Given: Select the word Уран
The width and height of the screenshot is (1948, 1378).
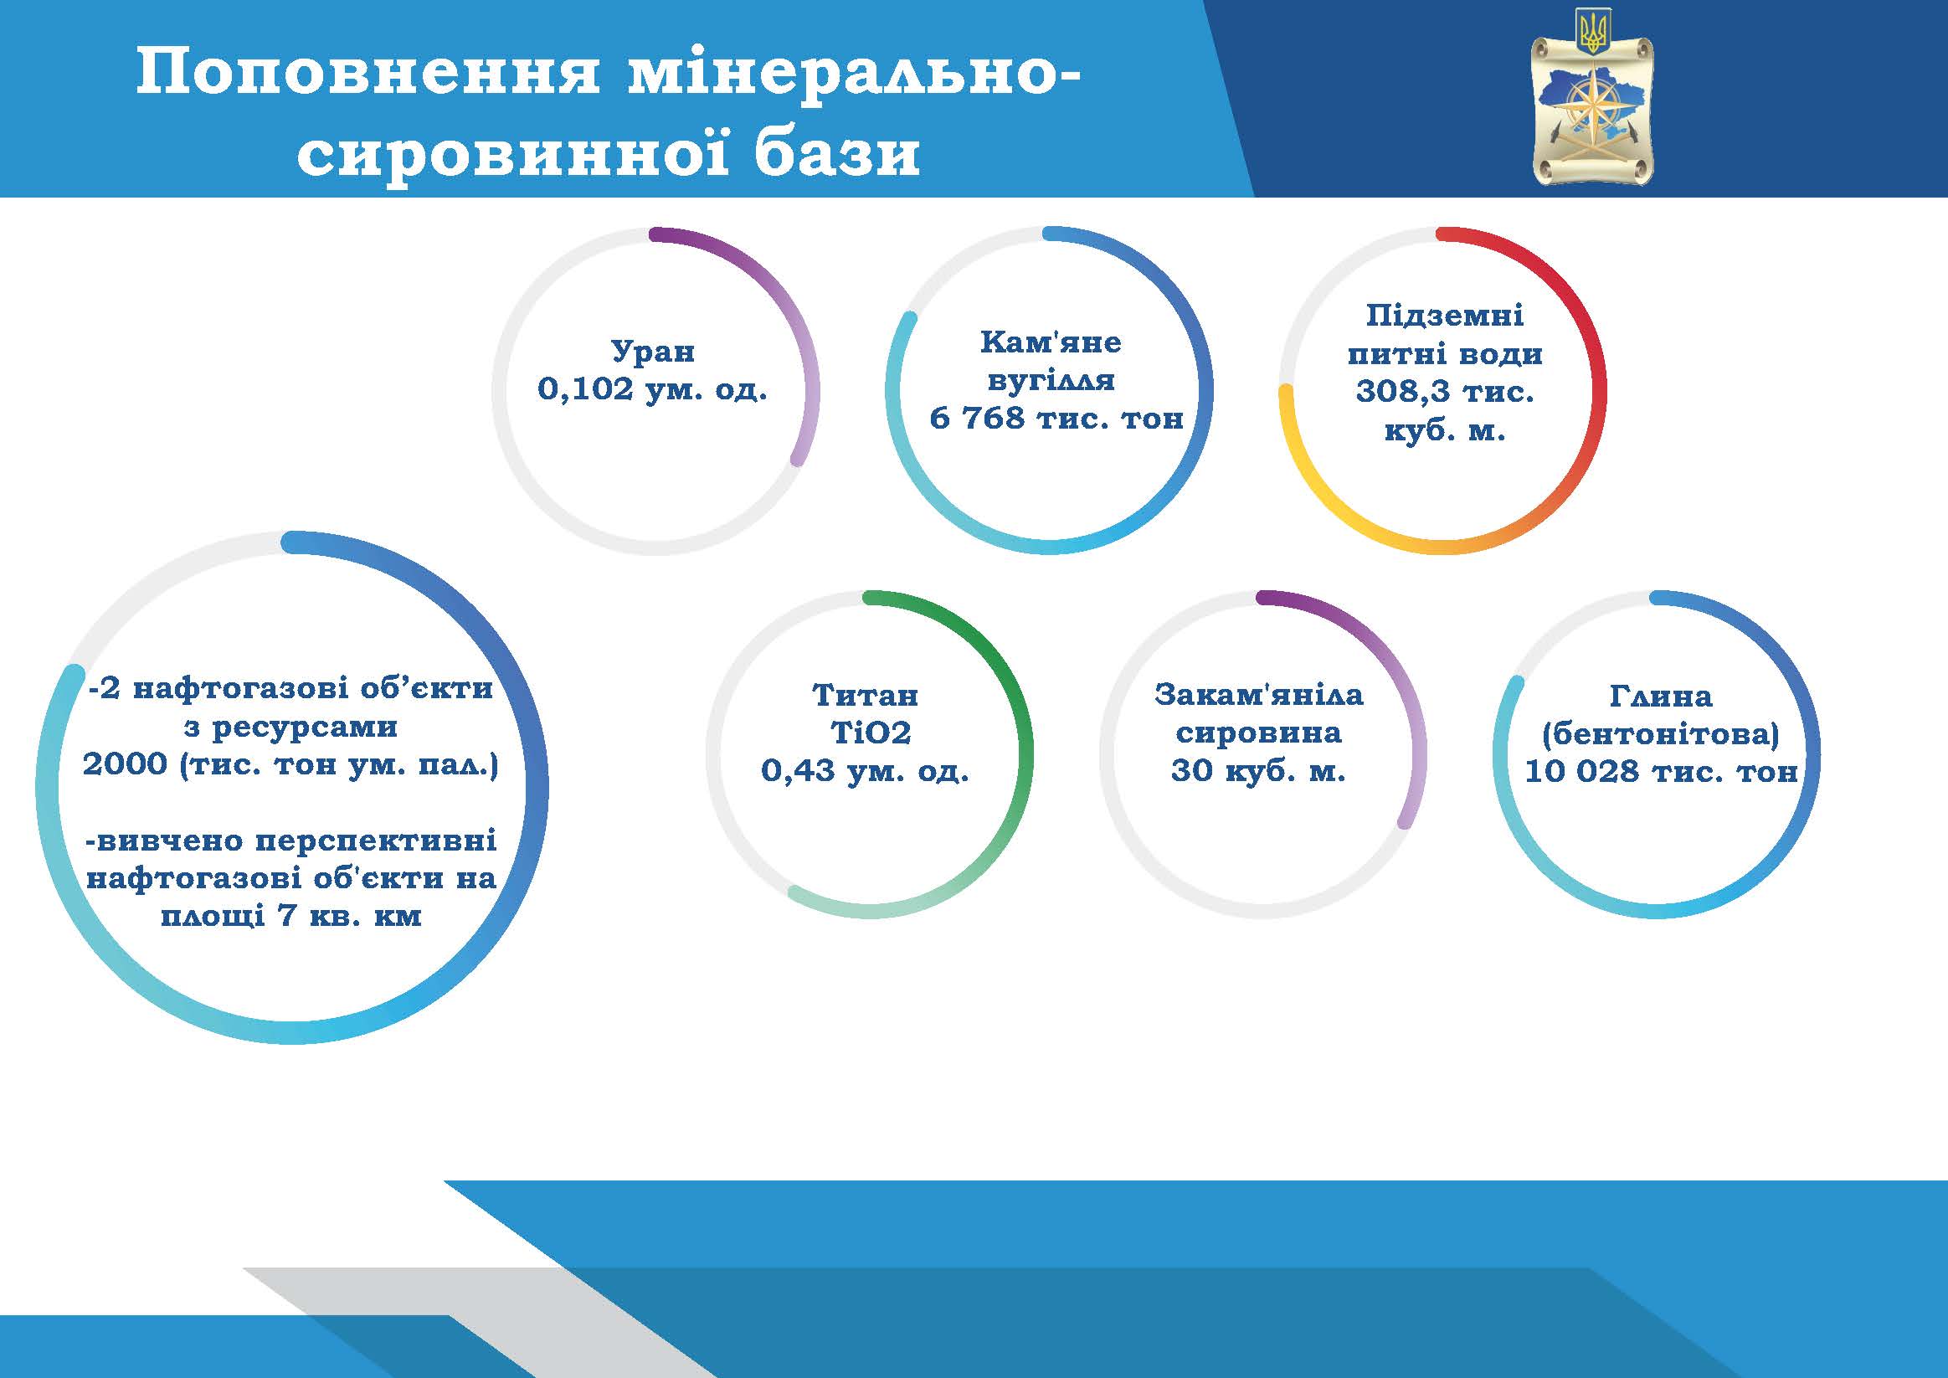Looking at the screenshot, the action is click(652, 352).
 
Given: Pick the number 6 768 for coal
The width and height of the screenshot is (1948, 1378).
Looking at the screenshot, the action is click(978, 418).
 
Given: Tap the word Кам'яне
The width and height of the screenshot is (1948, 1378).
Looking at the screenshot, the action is click(1051, 342).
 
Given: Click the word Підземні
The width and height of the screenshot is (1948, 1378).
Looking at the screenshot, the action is click(1444, 316).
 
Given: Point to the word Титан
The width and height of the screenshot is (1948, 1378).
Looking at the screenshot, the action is click(866, 695).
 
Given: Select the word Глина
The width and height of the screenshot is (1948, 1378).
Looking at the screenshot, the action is click(1661, 697).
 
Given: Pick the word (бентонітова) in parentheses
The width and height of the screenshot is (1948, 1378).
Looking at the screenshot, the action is click(1661, 734).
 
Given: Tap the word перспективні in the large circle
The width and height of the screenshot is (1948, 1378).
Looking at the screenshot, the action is click(376, 841).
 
